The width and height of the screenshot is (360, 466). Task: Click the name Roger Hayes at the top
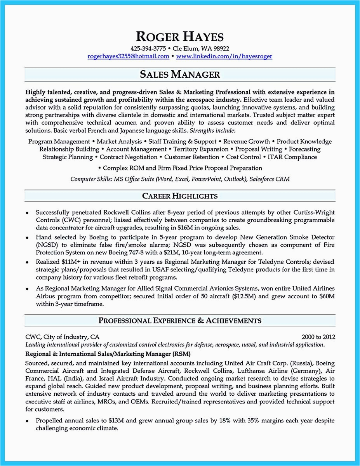180,37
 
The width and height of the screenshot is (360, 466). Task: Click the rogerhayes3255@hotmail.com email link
129,56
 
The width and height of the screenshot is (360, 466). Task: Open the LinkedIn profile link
224,56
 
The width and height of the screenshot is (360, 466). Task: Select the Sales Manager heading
180,74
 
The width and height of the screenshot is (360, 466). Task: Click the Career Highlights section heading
180,196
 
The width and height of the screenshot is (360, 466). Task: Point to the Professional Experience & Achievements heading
180,320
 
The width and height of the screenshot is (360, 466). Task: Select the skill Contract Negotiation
129,157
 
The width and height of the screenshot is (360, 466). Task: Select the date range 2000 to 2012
318,337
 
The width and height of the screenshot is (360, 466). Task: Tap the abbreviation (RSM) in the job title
182,354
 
